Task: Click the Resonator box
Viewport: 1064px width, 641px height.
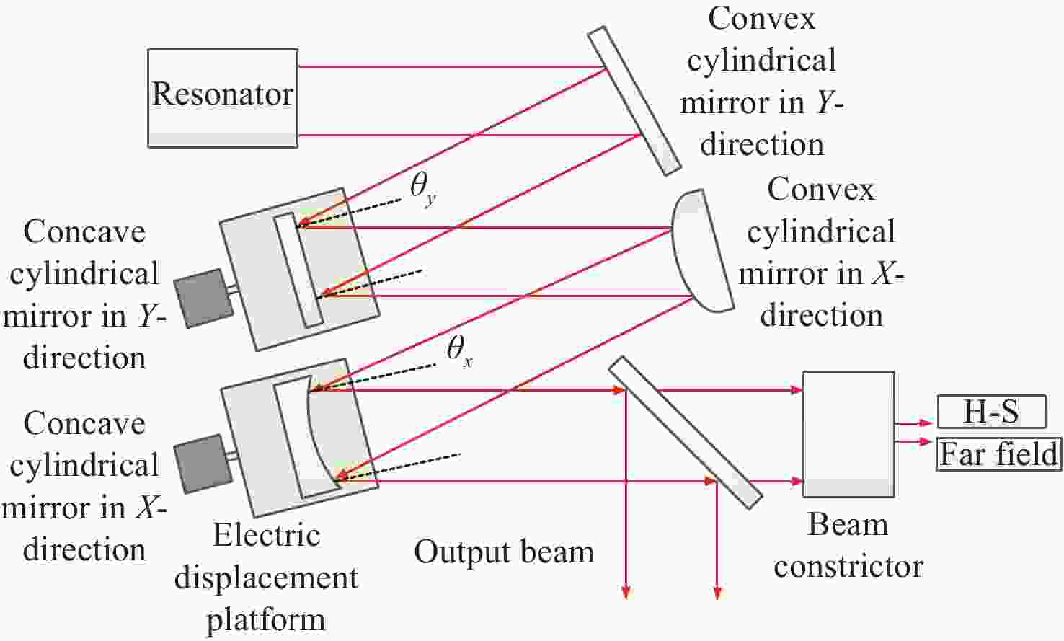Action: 223,98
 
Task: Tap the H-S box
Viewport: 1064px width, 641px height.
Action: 991,412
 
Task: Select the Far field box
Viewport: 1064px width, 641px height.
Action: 999,454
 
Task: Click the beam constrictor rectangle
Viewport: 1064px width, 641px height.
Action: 848,434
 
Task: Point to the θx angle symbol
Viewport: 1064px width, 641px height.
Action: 459,352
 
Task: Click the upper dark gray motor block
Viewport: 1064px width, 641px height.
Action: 203,299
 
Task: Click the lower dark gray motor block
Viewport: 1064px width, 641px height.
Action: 203,464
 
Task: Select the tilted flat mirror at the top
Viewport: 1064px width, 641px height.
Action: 634,101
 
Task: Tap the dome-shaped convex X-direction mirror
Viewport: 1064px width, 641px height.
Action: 702,251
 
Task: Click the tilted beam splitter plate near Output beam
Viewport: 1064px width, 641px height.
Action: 686,433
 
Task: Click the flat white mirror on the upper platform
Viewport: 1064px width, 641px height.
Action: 298,270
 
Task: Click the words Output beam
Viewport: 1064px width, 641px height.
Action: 504,552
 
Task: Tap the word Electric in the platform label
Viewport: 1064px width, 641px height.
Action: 267,536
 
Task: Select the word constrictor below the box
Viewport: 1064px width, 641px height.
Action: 848,567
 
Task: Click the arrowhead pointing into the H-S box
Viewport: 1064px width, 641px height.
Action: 927,423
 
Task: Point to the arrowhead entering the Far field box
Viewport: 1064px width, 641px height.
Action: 926,441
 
